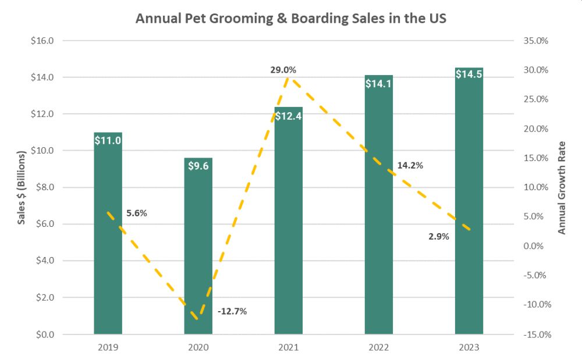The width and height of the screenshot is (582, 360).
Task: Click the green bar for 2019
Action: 108,233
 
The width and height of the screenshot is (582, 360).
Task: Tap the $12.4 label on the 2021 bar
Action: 289,115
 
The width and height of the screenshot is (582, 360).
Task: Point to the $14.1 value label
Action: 379,83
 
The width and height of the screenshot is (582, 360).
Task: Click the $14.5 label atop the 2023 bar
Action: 469,74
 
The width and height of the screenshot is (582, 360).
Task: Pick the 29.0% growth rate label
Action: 283,70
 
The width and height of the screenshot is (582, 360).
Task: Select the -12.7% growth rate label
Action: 232,311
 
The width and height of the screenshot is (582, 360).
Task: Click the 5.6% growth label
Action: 137,213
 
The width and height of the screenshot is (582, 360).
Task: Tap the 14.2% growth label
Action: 410,165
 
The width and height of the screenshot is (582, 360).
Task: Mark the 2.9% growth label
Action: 438,236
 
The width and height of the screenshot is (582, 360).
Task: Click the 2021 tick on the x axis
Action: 289,347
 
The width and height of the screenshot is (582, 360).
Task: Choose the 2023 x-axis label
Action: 469,347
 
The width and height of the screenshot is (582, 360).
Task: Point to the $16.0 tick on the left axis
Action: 43,41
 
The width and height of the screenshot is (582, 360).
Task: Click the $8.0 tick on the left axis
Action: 44,187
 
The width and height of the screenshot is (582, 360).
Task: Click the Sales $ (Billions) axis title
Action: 22,187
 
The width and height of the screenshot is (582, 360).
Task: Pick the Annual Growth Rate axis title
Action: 562,187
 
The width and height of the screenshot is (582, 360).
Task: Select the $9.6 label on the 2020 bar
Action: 198,165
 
